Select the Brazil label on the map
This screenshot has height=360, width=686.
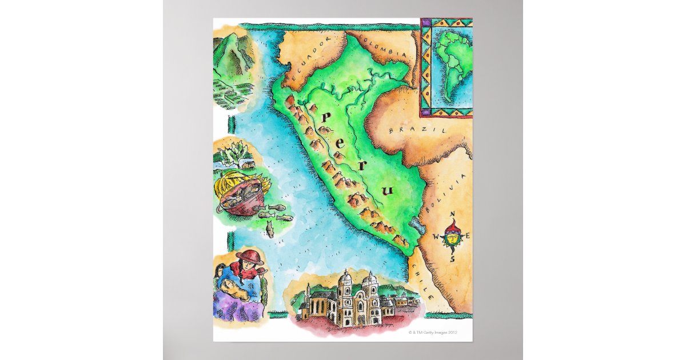point(408,130)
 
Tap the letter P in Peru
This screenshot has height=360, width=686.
point(327,118)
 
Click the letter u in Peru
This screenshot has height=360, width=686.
point(389,190)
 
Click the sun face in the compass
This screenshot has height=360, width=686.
point(453,236)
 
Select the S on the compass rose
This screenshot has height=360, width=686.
point(452,258)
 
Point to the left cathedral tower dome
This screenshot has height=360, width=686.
point(346,279)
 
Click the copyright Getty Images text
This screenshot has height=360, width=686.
point(433,332)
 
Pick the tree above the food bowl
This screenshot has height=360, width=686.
point(235,152)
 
